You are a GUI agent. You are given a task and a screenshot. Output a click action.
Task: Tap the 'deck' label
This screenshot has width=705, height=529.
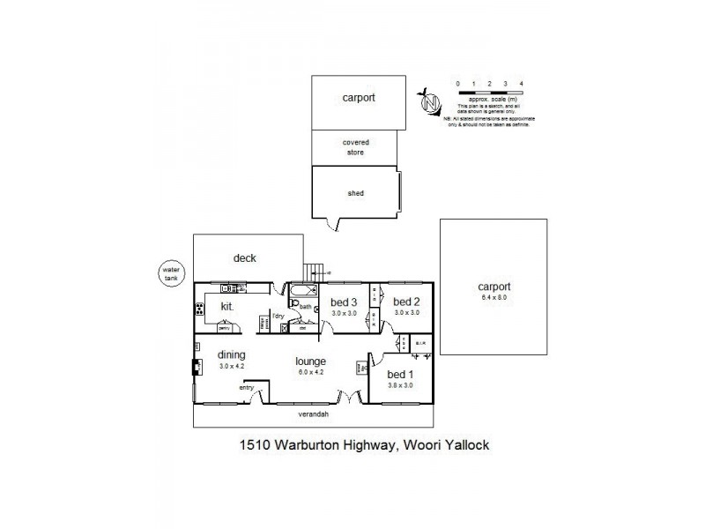(244, 258)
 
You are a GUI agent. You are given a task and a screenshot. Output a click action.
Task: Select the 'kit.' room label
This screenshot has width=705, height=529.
(226, 306)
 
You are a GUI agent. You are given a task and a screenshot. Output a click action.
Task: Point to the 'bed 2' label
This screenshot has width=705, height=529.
(405, 302)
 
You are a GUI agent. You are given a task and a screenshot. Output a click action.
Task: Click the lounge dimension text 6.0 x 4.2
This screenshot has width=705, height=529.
(311, 373)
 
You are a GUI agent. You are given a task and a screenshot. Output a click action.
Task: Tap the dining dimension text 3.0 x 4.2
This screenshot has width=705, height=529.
(231, 367)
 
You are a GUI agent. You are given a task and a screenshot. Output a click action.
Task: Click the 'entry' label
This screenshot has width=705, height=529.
(247, 387)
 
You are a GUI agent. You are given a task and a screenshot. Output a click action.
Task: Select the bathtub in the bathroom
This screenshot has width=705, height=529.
(302, 290)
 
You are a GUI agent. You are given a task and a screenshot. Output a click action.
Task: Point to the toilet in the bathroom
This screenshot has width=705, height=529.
(293, 303)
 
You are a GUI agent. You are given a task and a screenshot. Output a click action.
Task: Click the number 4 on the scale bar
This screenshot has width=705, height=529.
(523, 83)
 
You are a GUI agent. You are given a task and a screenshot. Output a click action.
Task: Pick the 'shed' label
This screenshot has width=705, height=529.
(357, 193)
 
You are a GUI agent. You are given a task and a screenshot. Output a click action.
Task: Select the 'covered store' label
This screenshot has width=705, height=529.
(355, 146)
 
